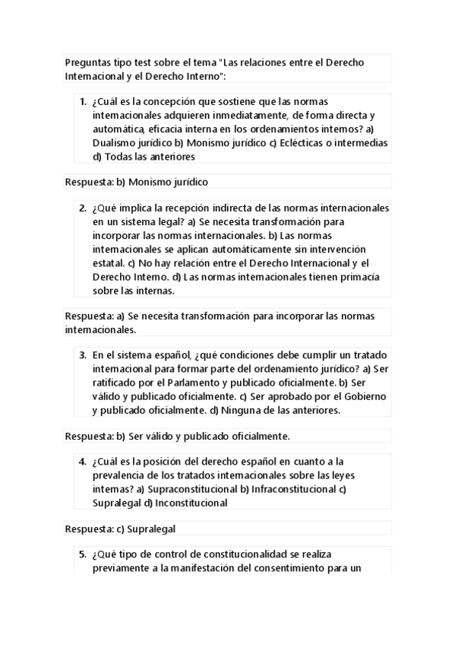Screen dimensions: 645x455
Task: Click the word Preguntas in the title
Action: [x=87, y=62]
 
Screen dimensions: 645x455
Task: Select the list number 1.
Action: [x=82, y=100]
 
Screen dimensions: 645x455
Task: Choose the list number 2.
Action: [x=82, y=207]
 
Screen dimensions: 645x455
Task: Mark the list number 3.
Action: [x=82, y=354]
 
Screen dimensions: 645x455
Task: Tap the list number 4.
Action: [x=82, y=461]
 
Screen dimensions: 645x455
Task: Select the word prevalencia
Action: [x=121, y=475]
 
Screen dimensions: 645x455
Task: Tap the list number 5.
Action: [x=82, y=554]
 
